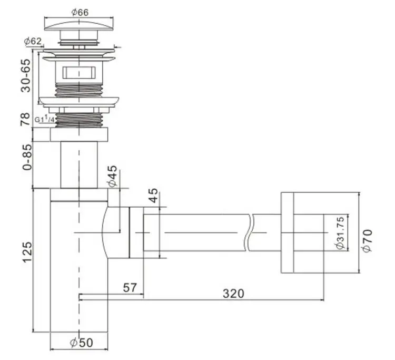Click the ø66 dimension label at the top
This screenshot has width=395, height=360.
point(80,12)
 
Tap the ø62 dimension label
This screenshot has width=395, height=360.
point(33,41)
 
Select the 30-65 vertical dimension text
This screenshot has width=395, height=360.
point(26,75)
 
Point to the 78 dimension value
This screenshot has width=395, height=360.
point(25,119)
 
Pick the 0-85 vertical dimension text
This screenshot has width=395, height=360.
point(27,157)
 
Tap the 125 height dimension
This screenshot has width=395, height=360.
point(27,252)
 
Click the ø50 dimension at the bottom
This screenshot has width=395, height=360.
point(81,343)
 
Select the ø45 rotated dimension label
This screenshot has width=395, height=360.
point(113,176)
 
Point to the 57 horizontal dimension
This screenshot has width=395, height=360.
point(130,288)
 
